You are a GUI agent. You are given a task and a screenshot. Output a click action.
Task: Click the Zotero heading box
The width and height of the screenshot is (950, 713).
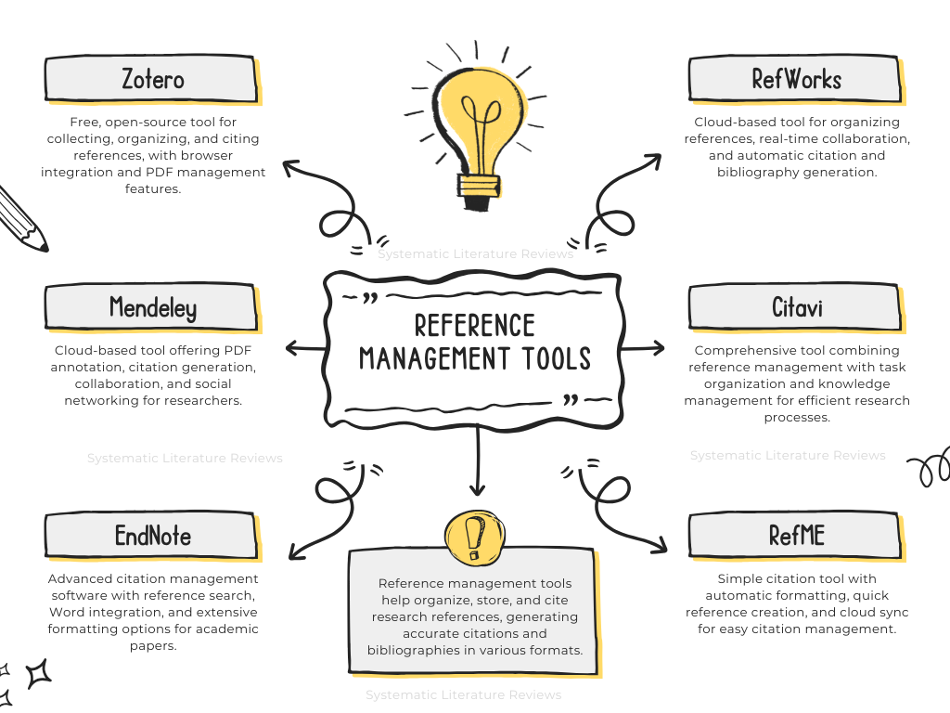[x=151, y=80]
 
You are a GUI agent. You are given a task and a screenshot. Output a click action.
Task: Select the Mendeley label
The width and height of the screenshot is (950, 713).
[x=151, y=306]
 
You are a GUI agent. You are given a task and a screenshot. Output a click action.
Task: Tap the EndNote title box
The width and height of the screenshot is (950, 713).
[x=151, y=536]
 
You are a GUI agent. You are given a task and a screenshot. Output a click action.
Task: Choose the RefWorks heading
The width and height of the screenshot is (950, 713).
[x=795, y=80]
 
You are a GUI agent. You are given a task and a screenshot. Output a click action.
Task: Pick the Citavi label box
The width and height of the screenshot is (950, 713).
[x=795, y=306]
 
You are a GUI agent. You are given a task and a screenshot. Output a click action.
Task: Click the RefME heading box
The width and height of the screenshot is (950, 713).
[x=795, y=536]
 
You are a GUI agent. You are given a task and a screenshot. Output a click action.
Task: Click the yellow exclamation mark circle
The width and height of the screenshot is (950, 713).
[x=474, y=536]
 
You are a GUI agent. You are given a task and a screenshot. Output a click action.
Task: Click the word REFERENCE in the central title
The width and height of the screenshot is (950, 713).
[x=474, y=326]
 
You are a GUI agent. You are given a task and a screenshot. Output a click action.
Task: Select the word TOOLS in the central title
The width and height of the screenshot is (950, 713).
[x=554, y=358]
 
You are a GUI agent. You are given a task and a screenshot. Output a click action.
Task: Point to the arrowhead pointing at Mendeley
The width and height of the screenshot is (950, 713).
[x=291, y=348]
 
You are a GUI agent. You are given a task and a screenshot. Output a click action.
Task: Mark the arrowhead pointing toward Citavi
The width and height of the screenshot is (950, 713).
[x=659, y=348]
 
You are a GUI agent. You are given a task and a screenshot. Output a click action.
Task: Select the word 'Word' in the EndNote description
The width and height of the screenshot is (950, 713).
[x=67, y=613]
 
